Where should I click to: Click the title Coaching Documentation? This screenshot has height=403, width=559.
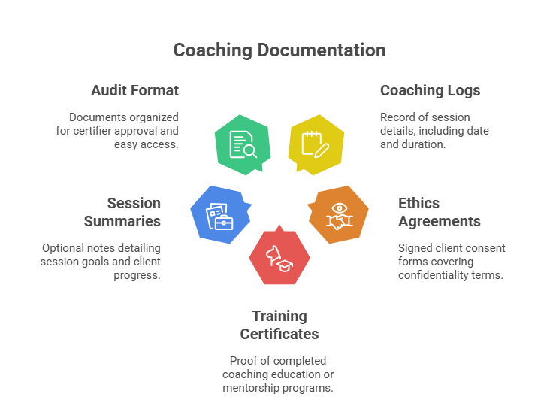279,50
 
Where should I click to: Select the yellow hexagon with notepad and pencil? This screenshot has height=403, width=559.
316,143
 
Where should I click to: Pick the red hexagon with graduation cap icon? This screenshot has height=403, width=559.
279,256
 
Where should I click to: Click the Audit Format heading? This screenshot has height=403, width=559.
134,91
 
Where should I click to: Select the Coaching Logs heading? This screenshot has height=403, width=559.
430,91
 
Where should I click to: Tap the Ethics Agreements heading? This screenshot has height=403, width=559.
439,212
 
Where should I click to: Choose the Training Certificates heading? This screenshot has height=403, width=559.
279,325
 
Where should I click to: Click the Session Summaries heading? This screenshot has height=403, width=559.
122,212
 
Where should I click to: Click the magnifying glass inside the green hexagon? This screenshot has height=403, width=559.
249,150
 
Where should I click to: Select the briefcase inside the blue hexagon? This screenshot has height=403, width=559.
223,221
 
